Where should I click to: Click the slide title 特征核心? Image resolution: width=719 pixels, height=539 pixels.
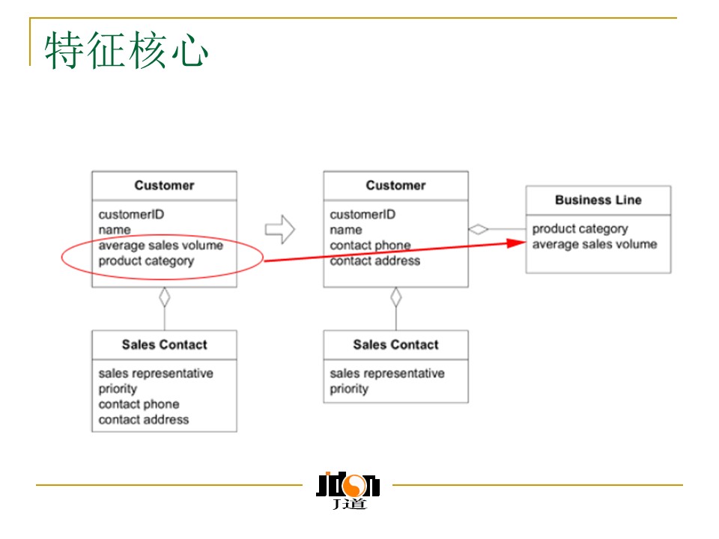coord(126,51)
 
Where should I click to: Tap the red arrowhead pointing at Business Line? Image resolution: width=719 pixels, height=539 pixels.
coord(518,243)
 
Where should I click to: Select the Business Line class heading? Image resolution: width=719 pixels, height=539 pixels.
coord(598,200)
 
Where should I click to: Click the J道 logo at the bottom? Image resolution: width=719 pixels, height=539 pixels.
coord(349,490)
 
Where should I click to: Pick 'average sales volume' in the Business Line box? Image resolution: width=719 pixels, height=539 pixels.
coord(594,244)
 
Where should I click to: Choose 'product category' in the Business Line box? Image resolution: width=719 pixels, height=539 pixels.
coord(580,229)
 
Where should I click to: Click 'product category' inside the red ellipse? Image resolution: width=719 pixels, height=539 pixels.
coord(146,261)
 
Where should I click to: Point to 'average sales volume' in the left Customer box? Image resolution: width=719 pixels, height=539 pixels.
coord(160,245)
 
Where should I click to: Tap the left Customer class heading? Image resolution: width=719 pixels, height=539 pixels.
coord(164,185)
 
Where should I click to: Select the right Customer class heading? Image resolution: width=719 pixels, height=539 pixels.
coord(395,185)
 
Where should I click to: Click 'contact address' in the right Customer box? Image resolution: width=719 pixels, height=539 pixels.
coord(374,261)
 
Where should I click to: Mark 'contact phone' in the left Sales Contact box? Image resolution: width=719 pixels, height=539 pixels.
coord(139,404)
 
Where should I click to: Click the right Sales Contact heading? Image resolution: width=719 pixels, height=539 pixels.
coord(395,344)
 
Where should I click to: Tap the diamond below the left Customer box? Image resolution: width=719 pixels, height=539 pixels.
coord(164,297)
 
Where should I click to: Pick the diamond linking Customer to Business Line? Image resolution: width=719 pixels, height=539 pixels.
coord(479,229)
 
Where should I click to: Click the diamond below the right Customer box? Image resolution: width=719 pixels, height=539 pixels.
coord(395,297)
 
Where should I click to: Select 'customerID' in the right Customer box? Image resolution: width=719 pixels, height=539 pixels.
coord(362,214)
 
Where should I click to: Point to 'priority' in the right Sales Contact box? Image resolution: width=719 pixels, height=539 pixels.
coord(349,389)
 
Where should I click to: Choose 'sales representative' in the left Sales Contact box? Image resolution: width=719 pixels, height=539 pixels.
coord(156,374)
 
